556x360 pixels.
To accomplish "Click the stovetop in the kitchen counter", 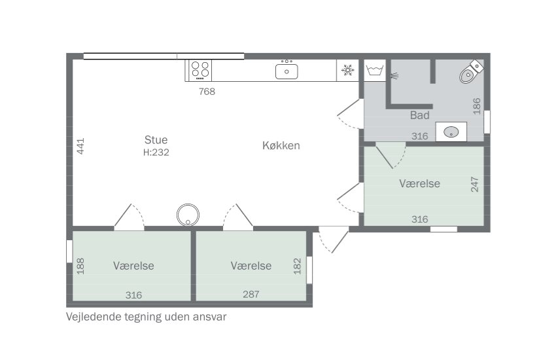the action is click(200, 70).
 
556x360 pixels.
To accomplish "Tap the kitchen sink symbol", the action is click(287, 70).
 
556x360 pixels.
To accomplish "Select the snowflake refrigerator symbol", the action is click(347, 70).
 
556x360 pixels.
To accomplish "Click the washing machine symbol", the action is click(375, 70).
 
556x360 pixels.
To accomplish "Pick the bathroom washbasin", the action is click(451, 132).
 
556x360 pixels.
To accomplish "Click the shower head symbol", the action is click(394, 75).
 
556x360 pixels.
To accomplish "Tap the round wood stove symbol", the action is click(188, 215).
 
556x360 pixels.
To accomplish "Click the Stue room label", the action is click(156, 139).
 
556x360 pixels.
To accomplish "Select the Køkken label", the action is click(281, 145).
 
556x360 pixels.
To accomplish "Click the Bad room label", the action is click(419, 115).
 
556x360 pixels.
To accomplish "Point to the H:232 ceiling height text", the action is click(156, 153).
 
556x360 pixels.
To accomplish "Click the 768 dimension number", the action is click(207, 92).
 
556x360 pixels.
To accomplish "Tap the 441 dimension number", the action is click(80, 146).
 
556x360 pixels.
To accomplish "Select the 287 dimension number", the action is click(251, 294).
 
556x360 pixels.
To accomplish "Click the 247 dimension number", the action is click(474, 185).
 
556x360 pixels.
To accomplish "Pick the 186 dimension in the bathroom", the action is click(477, 106).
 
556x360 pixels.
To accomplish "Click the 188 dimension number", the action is click(80, 266).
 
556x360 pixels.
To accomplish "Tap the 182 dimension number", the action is click(297, 266).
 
